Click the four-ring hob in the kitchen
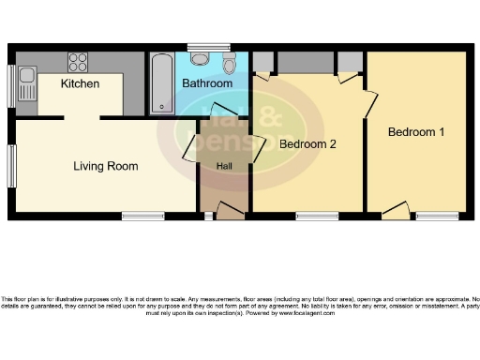pyautogui.click(x=79, y=62)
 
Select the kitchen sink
pyautogui.click(x=25, y=82)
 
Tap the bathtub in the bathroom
pyautogui.click(x=162, y=82)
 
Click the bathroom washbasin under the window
pyautogui.click(x=199, y=58)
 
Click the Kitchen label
pyautogui.click(x=81, y=84)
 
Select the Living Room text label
pyautogui.click(x=106, y=167)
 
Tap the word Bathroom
pyautogui.click(x=207, y=83)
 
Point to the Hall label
pyautogui.click(x=224, y=166)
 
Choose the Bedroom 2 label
pyautogui.click(x=307, y=144)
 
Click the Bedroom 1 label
pyautogui.click(x=416, y=132)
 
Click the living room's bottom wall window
pyautogui.click(x=142, y=217)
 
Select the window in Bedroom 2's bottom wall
pyautogui.click(x=318, y=217)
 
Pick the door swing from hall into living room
pyautogui.click(x=190, y=145)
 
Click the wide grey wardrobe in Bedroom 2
pyautogui.click(x=306, y=62)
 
